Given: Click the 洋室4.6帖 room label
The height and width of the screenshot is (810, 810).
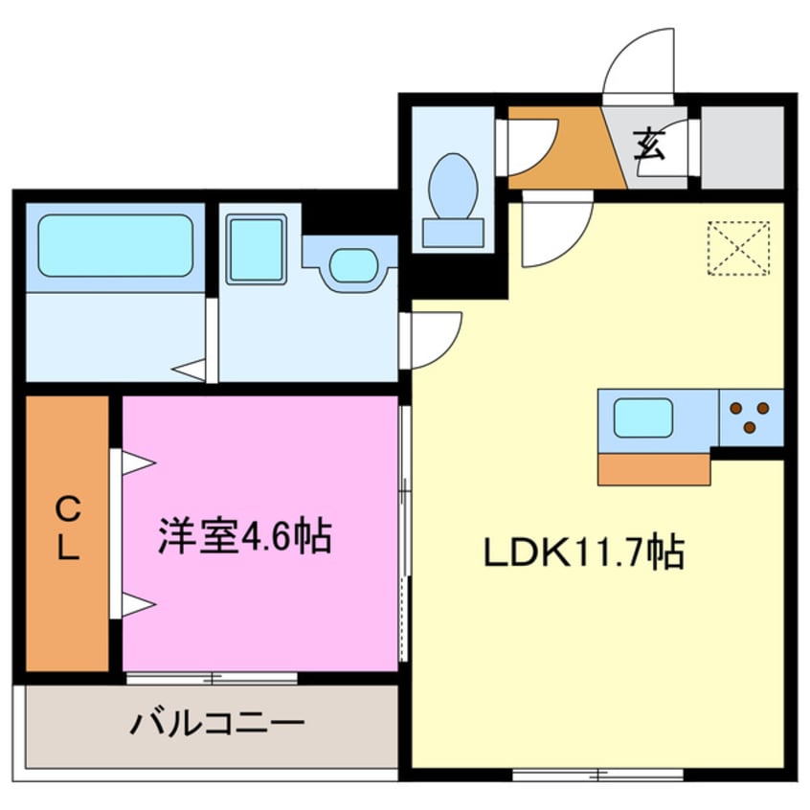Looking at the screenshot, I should pyautogui.click(x=244, y=537).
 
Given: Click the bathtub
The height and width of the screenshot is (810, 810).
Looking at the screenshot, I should pyautogui.click(x=115, y=246).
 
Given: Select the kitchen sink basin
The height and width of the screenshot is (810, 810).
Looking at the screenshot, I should pyautogui.click(x=642, y=418).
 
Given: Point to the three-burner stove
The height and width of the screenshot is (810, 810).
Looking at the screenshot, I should pyautogui.click(x=751, y=417).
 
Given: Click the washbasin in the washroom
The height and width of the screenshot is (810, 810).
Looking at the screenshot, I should pyautogui.click(x=352, y=264).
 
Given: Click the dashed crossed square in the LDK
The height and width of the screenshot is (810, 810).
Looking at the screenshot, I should pyautogui.click(x=738, y=248).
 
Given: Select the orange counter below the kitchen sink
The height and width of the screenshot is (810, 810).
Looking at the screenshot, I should pyautogui.click(x=654, y=469).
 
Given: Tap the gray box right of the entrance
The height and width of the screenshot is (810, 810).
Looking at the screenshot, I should pyautogui.click(x=742, y=146).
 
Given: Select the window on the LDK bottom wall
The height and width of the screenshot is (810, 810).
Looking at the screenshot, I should pyautogui.click(x=598, y=772).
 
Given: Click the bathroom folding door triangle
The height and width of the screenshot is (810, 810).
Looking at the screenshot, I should pyautogui.click(x=191, y=369).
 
